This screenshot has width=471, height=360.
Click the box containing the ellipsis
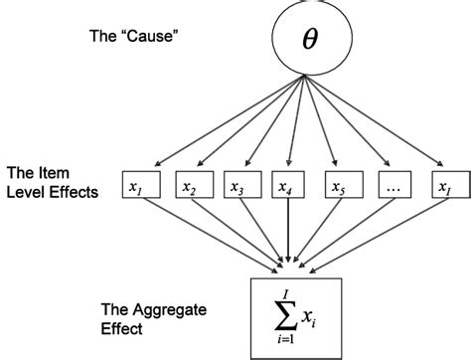click(x=396, y=185)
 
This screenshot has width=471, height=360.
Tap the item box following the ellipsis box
click(x=447, y=185)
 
